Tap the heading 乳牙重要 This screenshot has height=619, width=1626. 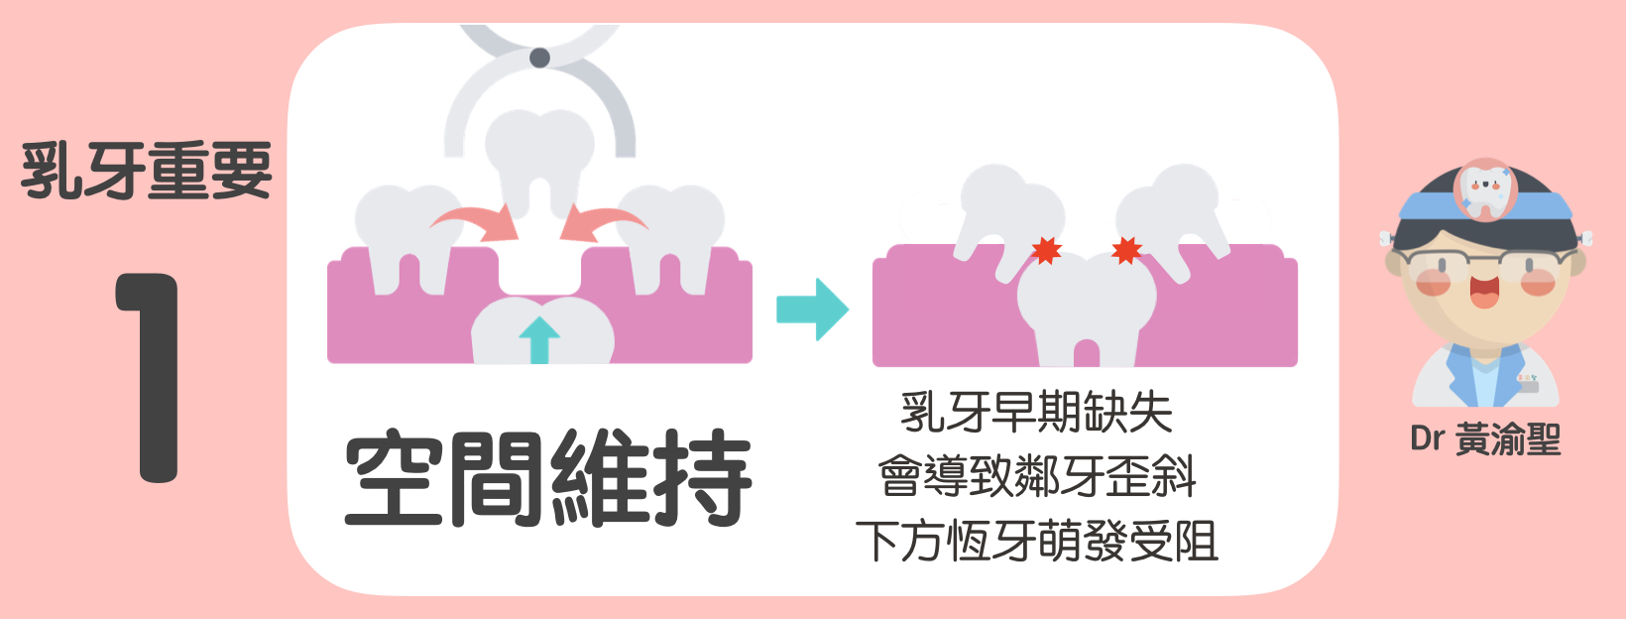point(147,171)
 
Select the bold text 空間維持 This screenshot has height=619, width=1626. point(547,478)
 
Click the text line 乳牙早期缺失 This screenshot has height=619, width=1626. point(1036,413)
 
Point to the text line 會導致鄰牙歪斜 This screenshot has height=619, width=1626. point(1037,477)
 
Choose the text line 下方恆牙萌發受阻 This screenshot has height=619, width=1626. point(1037,542)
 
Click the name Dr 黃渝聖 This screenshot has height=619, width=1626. point(1484,438)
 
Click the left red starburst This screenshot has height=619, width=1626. point(1046,250)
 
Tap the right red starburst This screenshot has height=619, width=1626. point(1126,250)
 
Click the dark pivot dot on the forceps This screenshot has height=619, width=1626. point(539,58)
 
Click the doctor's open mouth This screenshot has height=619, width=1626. point(1484,291)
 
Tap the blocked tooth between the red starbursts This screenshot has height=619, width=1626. point(1087,303)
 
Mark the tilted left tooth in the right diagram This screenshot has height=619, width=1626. point(1001,213)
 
